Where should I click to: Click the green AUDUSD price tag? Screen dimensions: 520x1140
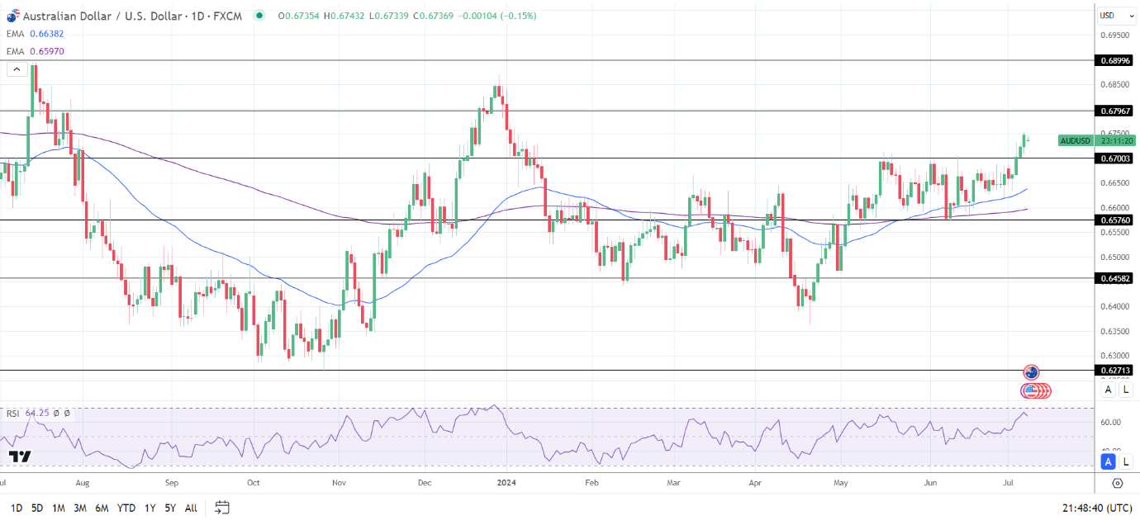tap(1075, 140)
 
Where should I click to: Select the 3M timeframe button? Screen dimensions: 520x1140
tap(80, 508)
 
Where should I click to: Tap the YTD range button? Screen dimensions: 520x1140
tap(126, 508)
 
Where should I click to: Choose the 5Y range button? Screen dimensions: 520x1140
tap(169, 508)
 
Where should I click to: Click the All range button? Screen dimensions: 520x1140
tap(191, 508)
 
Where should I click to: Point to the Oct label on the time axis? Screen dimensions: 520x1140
tap(254, 483)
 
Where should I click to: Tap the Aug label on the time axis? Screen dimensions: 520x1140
tap(82, 483)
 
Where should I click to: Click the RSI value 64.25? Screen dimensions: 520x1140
tap(37, 413)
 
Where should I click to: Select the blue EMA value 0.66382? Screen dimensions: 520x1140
tap(46, 34)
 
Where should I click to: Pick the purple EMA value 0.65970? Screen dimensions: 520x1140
tap(46, 51)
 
